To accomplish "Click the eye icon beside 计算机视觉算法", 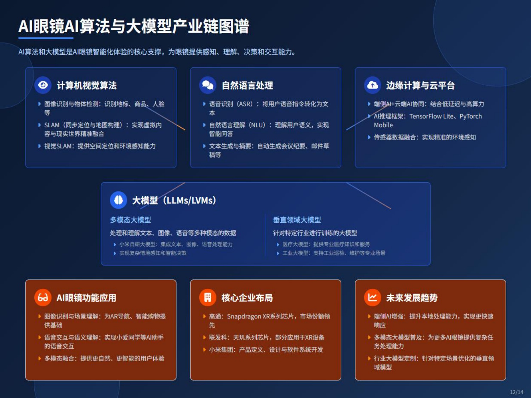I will click(x=43, y=85).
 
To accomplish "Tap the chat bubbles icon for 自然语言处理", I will click(x=207, y=85).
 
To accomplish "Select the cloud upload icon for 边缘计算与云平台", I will click(x=372, y=85).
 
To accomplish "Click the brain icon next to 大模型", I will click(x=118, y=200).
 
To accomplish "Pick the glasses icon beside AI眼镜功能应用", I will click(x=43, y=298).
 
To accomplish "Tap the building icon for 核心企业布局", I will click(x=207, y=298).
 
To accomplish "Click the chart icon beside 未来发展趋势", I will click(x=372, y=298).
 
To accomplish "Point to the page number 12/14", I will click(x=516, y=392).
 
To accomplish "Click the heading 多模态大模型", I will click(x=130, y=220).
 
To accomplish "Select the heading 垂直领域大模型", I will click(x=297, y=220).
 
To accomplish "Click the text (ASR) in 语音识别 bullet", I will click(x=245, y=104).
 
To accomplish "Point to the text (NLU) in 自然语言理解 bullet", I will click(x=257, y=125).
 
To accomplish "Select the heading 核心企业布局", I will click(x=247, y=298).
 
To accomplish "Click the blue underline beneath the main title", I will click(x=46, y=38).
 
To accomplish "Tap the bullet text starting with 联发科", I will click(x=266, y=338).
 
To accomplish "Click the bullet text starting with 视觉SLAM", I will click(x=100, y=146).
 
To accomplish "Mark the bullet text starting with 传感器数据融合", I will click(x=424, y=137).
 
